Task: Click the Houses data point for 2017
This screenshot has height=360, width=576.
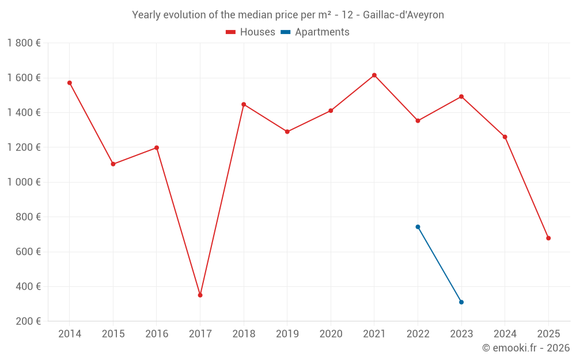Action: point(200,295)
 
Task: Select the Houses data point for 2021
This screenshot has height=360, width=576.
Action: point(374,75)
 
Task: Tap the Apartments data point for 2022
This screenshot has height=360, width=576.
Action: point(418,227)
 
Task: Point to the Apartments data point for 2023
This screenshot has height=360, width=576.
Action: point(461,302)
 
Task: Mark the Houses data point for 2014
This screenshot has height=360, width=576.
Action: point(70,83)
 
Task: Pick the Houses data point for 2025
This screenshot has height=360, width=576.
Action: point(548,238)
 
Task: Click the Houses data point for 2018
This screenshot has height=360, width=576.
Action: point(244,104)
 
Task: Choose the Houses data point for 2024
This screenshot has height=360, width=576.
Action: point(505,137)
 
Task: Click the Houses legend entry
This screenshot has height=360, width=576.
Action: point(251,32)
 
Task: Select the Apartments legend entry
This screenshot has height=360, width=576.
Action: point(315,32)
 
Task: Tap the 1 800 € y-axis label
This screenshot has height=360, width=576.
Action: point(24,43)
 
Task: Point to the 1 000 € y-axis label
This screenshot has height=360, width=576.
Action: point(24,182)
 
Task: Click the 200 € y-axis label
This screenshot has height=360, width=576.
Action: point(27,321)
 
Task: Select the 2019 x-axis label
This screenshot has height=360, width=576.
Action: point(287,334)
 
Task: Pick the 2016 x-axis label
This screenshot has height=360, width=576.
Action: point(157,334)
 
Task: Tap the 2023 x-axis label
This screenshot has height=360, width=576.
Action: point(461,334)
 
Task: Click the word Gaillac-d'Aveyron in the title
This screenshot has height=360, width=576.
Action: point(403,15)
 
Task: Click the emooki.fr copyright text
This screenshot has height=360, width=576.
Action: point(526,348)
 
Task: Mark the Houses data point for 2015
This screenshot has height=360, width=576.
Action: point(113,164)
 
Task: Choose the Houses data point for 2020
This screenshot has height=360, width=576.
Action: point(331,111)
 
